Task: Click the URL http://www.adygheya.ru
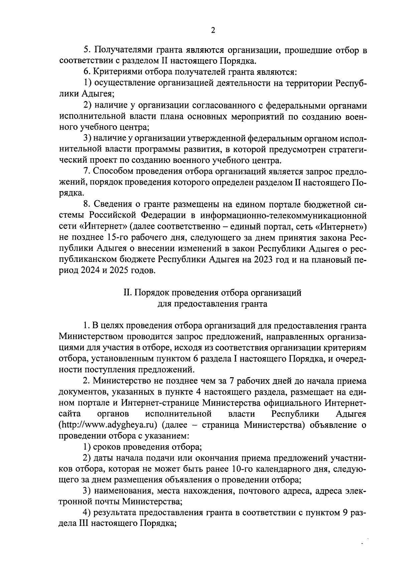(108, 425)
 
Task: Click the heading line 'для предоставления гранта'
(213, 304)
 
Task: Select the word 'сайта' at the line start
(69, 414)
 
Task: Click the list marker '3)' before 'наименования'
(88, 491)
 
